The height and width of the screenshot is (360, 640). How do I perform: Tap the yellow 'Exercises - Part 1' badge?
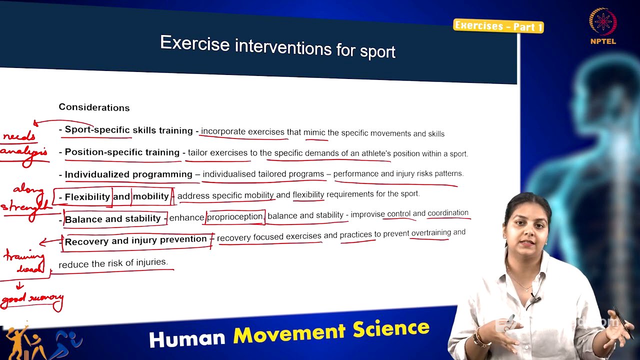pos(498,26)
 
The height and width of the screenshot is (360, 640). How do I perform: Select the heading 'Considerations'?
pos(94,107)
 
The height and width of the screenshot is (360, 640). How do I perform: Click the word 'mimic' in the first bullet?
pos(314,132)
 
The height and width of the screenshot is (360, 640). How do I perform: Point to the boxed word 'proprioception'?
pos(235,217)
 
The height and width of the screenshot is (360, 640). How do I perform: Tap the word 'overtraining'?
pos(431,233)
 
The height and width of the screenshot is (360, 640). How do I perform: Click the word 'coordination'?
pos(448,213)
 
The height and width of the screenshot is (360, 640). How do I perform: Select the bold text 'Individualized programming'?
pos(128,174)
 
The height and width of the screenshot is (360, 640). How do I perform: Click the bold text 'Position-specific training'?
pos(122,152)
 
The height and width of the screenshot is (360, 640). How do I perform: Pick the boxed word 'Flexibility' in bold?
pos(87,196)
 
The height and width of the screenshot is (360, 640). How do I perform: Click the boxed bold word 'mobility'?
pos(150,196)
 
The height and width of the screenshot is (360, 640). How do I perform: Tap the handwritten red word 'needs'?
pos(19,136)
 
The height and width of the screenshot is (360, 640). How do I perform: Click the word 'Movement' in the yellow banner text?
pos(289,333)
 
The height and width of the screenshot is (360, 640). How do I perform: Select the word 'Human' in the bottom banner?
pos(187,338)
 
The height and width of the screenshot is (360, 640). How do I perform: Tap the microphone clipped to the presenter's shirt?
pos(534,299)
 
